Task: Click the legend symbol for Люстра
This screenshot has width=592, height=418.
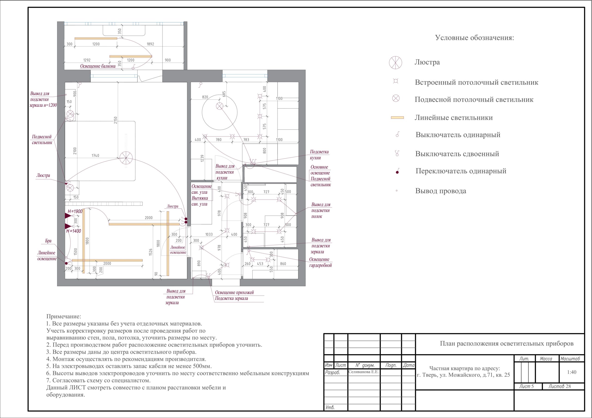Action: (395, 63)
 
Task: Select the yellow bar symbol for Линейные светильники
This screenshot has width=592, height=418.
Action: (397, 118)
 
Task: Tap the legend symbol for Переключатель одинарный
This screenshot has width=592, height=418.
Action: (397, 171)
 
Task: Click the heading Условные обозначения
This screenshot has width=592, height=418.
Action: (475, 38)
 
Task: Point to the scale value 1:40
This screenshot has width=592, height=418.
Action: (572, 372)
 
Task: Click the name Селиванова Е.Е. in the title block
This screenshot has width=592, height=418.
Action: (363, 372)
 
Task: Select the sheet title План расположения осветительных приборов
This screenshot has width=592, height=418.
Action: (507, 344)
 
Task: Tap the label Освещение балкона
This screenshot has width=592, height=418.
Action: (98, 66)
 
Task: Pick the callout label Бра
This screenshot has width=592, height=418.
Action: (48, 241)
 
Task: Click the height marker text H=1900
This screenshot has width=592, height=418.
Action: (75, 212)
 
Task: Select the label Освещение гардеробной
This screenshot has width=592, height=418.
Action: (320, 262)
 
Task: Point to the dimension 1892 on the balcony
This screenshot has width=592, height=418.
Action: (150, 44)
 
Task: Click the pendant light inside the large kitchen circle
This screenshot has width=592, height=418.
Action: (219, 106)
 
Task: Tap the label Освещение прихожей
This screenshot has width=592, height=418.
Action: (234, 292)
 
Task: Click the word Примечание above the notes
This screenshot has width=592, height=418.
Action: (64, 316)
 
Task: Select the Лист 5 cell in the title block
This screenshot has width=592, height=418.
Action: (527, 386)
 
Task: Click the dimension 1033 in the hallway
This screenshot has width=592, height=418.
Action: (209, 234)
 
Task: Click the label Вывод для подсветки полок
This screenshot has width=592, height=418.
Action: (321, 210)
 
